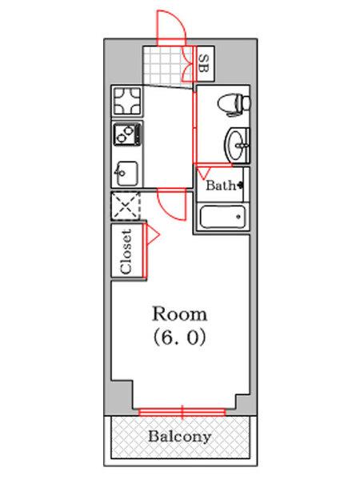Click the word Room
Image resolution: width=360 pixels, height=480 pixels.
coord(179,314)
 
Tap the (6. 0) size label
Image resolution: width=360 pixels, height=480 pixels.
coord(179,338)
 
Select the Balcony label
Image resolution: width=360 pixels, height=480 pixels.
coord(180,436)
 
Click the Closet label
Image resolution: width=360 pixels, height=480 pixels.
coord(126,251)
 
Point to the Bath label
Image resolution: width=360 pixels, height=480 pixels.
coord(221,185)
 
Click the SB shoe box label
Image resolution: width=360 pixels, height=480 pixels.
coord(203,63)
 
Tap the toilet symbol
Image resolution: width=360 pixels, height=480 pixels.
coord(234,105)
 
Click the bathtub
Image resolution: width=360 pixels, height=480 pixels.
coord(222,217)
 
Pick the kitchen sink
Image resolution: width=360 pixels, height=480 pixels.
coord(126,174)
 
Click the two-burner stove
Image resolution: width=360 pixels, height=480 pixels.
coord(128,134)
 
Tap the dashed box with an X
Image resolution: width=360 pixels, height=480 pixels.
coord(126,206)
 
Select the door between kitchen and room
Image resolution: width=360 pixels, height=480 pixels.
coord(172,204)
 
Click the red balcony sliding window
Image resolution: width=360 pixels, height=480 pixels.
coord(182,412)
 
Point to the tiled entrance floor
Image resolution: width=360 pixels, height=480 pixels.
coord(168,66)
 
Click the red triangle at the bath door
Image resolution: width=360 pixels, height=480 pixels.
coord(203,174)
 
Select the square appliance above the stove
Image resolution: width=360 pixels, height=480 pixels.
coord(127,101)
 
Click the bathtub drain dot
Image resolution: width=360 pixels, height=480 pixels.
coord(238,217)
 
